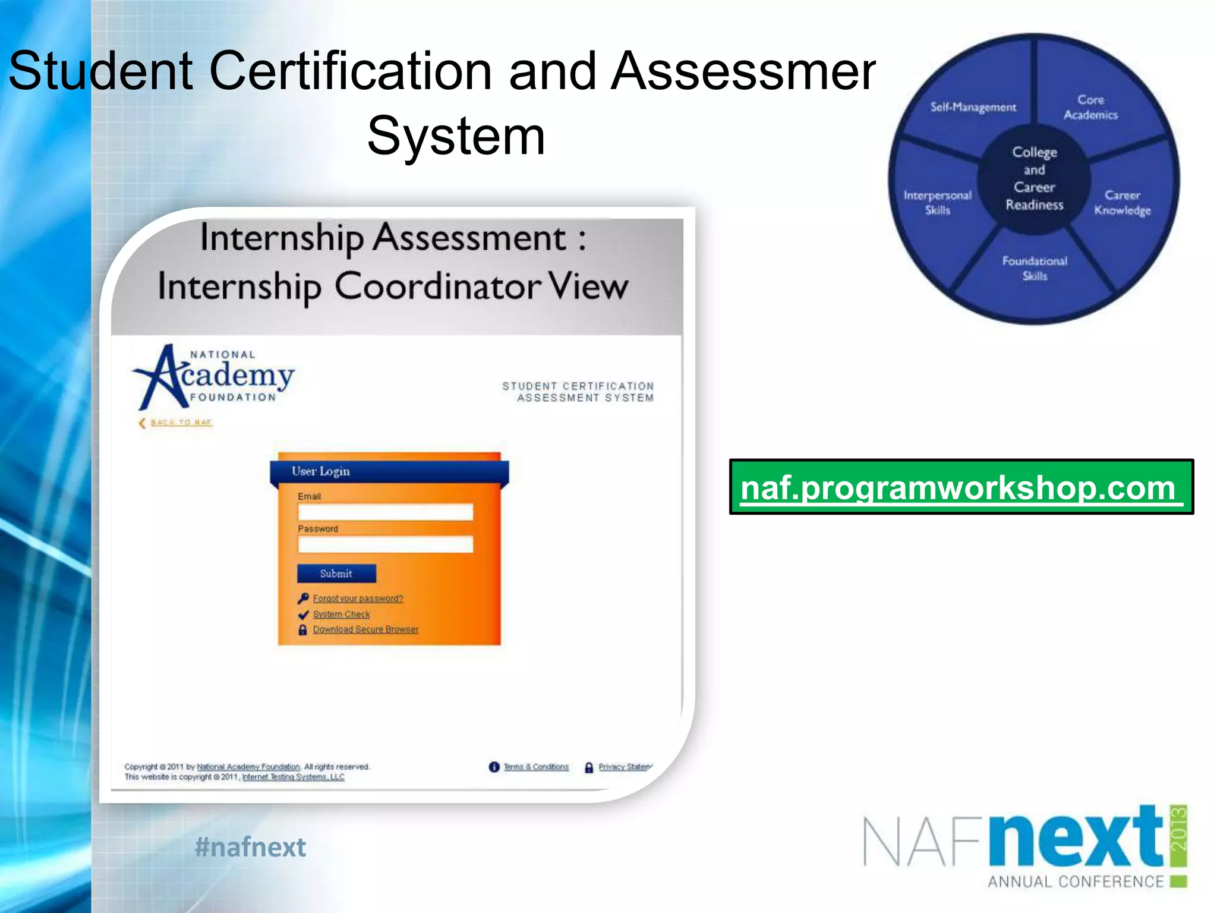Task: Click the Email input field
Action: [385, 512]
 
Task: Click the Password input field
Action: [385, 544]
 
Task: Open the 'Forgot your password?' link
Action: [358, 599]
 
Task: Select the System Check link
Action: [341, 614]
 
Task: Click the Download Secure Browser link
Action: [365, 629]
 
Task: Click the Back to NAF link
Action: [181, 423]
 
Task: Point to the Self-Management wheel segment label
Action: [973, 107]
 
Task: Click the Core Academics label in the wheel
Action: [1090, 108]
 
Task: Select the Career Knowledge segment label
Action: [1122, 203]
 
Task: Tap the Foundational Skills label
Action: [1035, 268]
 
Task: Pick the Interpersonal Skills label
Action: [937, 203]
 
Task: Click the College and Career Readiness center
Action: [1034, 178]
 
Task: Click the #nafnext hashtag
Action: [250, 847]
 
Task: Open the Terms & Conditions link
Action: [535, 767]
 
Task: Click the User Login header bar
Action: [389, 471]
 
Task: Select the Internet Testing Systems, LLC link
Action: [293, 777]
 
